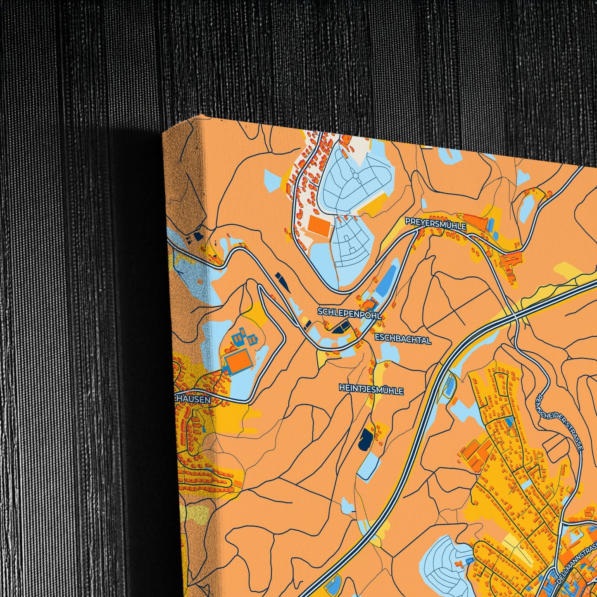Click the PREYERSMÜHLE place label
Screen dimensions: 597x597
435,224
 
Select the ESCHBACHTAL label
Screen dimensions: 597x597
403,340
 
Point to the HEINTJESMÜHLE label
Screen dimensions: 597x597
371,390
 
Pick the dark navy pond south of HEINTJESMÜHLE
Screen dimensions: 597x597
365,439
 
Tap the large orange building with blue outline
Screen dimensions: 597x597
239,360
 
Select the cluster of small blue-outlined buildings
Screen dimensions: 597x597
244,338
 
